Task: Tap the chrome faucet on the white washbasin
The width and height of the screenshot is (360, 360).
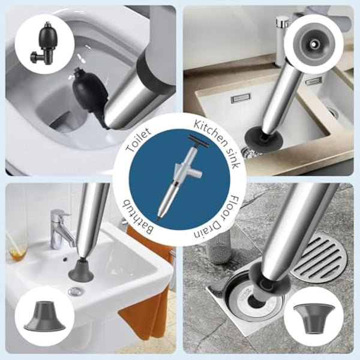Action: pyautogui.click(x=60, y=228)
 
